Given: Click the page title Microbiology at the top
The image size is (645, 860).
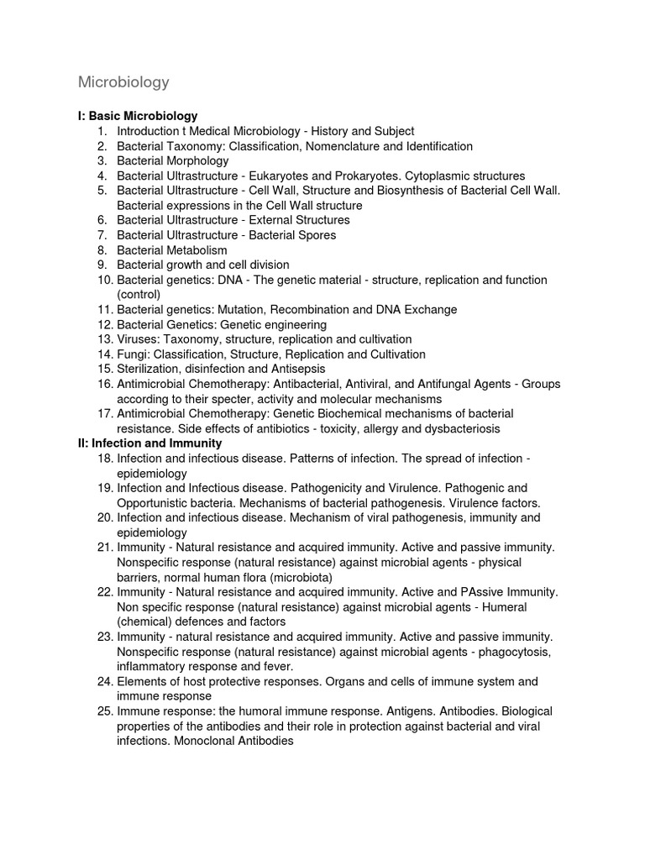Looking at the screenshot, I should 123,82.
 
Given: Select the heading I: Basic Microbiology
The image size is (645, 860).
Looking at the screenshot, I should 138,116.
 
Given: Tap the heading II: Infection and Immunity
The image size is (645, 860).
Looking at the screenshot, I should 149,443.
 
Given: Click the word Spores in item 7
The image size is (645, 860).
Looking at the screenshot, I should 317,235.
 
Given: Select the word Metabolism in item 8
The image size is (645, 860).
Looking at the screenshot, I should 196,250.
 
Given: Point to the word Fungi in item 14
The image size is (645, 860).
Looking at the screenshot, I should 132,354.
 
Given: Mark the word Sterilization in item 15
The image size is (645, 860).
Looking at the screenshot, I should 148,369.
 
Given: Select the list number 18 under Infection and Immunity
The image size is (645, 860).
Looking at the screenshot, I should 105,459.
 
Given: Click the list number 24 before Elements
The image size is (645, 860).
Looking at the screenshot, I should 105,682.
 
